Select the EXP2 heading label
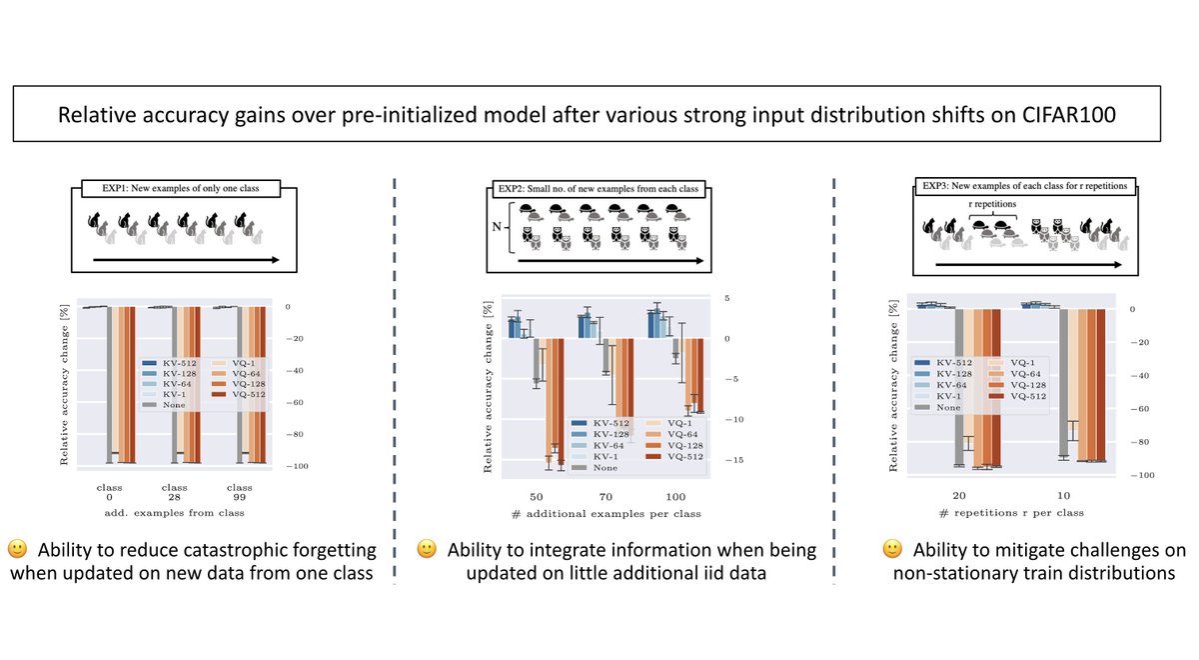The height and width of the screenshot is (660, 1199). (x=599, y=187)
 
